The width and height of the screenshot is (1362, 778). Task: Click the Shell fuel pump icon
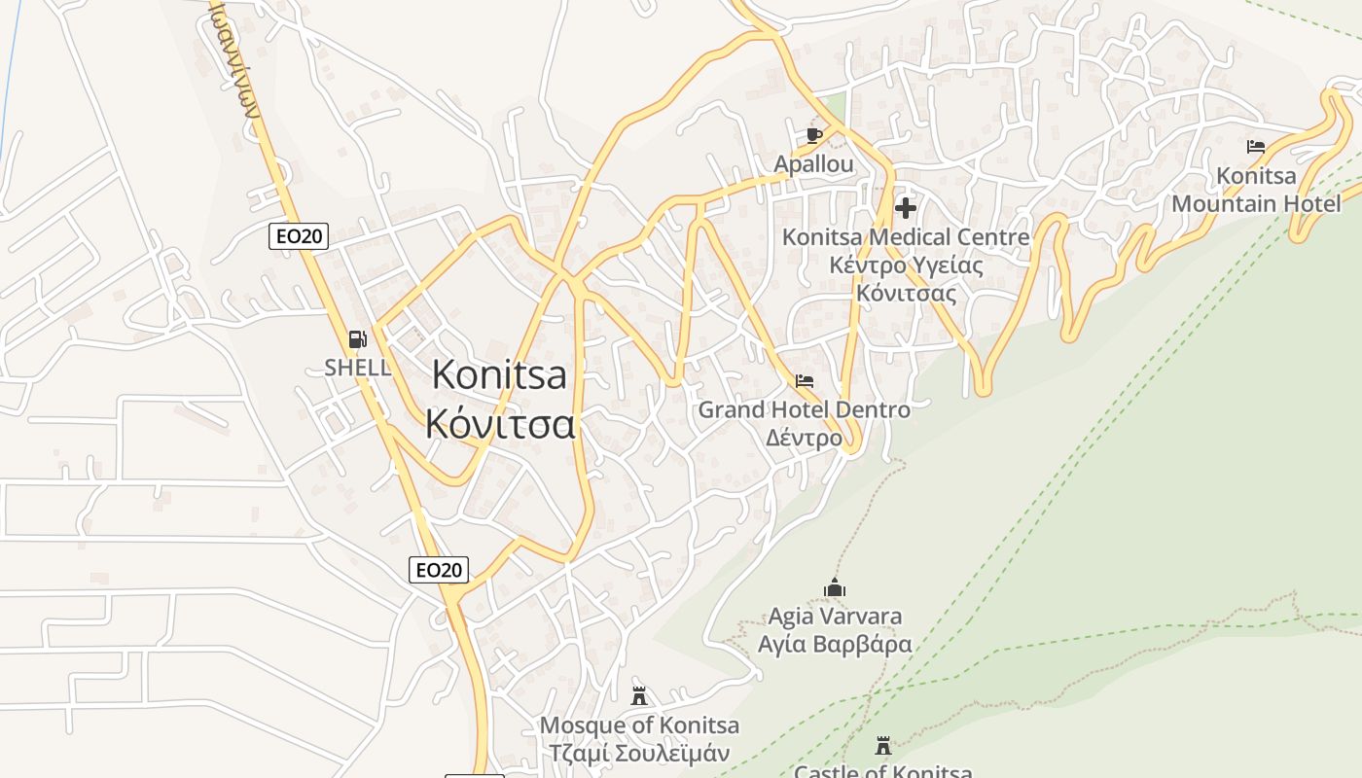358,339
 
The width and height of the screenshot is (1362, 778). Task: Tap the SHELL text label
358,368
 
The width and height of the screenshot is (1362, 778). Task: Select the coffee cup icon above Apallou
813,135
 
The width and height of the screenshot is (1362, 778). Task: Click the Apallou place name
813,164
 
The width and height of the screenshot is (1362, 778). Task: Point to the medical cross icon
906,207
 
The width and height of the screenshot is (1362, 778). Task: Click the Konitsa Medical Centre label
906,237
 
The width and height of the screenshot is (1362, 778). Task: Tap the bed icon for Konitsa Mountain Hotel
1256,147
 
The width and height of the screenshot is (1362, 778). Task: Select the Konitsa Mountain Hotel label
1256,190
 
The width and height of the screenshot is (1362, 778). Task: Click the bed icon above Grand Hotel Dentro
804,380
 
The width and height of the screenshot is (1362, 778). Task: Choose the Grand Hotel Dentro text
804,409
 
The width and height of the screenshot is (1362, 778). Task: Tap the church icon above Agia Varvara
835,587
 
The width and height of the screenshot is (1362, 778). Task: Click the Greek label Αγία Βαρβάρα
835,644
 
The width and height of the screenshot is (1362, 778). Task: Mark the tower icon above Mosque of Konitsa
639,696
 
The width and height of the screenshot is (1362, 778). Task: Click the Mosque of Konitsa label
639,725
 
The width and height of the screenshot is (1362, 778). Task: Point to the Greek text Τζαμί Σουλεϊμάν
639,753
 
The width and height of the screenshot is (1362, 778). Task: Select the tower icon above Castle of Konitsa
883,746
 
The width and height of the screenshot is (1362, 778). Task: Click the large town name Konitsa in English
499,374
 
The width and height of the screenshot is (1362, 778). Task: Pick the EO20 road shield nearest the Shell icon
299,235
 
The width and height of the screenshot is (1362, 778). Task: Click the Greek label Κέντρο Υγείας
906,265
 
